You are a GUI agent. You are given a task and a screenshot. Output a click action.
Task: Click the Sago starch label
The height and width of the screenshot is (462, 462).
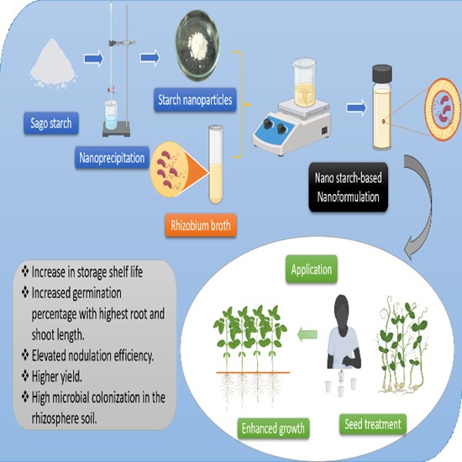pyautogui.click(x=51, y=123)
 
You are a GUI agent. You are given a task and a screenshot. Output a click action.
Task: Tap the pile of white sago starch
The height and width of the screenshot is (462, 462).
pyautogui.click(x=53, y=64)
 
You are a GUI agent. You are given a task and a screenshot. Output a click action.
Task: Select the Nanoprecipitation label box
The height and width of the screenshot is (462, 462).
pyautogui.click(x=112, y=158)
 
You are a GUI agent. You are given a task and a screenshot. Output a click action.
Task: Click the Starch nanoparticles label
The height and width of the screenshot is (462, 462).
pyautogui.click(x=195, y=100)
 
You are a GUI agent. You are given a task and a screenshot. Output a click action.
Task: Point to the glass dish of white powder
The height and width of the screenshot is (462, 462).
pyautogui.click(x=197, y=45)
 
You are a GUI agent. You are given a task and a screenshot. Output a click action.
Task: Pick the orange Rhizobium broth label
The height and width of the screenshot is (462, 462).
pyautogui.click(x=201, y=226)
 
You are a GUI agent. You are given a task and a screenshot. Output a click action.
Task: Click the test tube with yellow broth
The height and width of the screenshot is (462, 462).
pyautogui.click(x=216, y=165)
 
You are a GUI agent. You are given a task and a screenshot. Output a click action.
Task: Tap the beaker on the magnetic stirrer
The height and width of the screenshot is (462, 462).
pyautogui.click(x=305, y=82)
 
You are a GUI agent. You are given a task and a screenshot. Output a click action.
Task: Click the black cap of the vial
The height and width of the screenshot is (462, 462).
pyautogui.click(x=382, y=74)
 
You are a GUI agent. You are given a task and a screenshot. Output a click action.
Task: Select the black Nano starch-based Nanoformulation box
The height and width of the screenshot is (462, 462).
pyautogui.click(x=349, y=187)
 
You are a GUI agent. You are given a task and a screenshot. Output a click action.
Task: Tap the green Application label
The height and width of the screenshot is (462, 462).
pyautogui.click(x=312, y=270)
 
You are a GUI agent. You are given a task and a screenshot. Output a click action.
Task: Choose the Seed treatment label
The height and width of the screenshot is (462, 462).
pyautogui.click(x=373, y=424)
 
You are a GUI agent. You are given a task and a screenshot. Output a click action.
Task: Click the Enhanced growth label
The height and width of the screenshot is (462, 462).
pyautogui.click(x=273, y=428)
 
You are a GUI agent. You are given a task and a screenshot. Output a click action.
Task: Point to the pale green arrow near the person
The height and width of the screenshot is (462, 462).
pyautogui.click(x=307, y=334)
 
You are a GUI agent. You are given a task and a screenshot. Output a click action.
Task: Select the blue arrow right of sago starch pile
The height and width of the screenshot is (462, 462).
pyautogui.click(x=94, y=59)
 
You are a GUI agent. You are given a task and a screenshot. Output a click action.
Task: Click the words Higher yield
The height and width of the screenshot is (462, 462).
pyautogui.click(x=56, y=376)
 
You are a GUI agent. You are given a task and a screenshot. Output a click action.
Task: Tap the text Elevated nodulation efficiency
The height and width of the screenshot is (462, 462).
pyautogui.click(x=92, y=355)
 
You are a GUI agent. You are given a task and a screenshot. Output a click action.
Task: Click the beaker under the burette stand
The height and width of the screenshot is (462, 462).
pyautogui.click(x=111, y=114)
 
